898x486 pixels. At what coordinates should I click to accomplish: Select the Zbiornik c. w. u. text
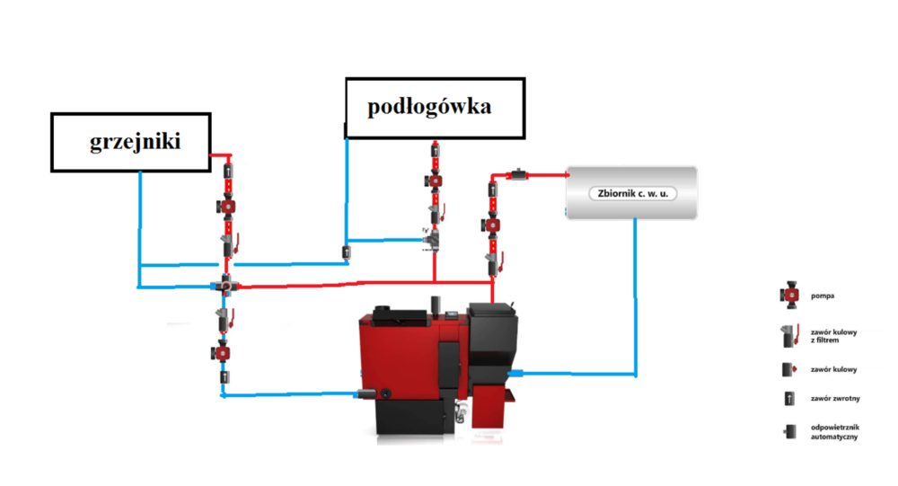(x=631, y=193)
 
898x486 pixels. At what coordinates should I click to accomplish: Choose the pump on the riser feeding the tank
(x=492, y=224)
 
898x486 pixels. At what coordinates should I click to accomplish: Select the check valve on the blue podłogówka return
(x=347, y=252)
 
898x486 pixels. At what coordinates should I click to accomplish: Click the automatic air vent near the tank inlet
(x=519, y=172)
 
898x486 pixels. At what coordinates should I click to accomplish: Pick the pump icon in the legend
(x=788, y=295)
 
